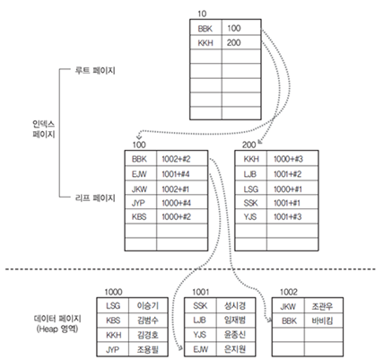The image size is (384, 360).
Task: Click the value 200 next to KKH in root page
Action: coord(235,42)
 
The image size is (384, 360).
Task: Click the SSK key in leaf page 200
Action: coord(253,203)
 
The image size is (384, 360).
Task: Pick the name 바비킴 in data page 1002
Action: coord(322,320)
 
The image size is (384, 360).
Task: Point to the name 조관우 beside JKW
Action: coord(322,306)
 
